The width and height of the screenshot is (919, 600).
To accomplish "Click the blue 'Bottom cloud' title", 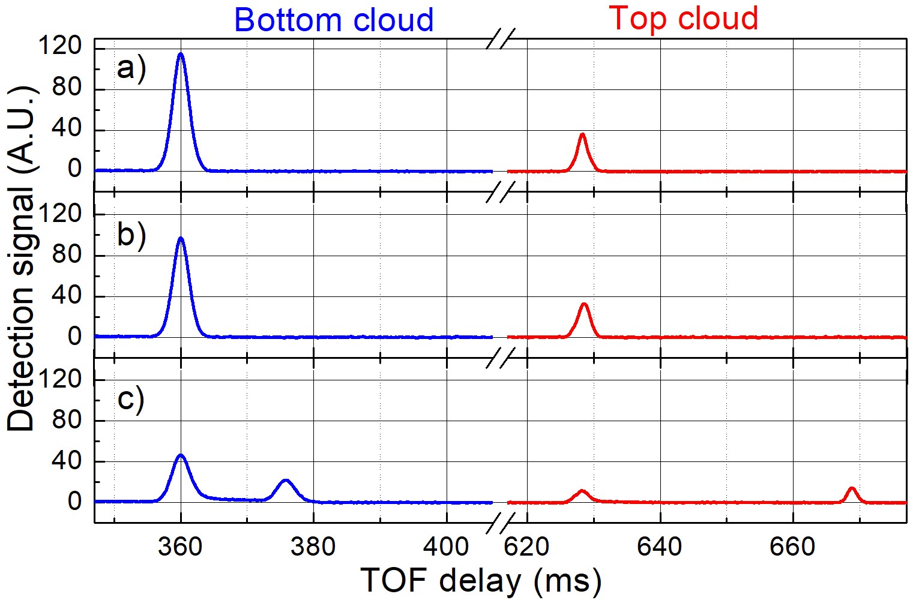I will point(334,20).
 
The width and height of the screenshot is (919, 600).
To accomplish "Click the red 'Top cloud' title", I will point(684,18).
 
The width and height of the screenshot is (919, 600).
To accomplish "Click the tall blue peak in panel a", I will point(181,55).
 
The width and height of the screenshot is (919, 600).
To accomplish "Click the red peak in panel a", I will point(582,136).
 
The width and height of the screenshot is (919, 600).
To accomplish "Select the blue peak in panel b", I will point(181,240).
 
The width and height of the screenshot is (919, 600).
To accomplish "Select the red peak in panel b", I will point(584,305).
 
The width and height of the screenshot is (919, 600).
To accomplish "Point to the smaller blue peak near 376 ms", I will point(286,481).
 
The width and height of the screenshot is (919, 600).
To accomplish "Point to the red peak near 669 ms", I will point(851,489).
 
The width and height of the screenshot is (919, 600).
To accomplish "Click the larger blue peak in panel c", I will point(180,457).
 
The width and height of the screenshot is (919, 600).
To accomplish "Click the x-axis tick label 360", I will point(180,547).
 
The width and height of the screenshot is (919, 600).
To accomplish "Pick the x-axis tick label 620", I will point(526,547).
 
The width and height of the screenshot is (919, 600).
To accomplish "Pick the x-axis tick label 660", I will point(793,547).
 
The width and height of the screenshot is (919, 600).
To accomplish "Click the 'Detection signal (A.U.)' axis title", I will point(22,258).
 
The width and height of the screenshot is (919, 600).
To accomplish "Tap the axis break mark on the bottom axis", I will point(499,523).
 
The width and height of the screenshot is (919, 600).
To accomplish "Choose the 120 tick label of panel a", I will point(59,46).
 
